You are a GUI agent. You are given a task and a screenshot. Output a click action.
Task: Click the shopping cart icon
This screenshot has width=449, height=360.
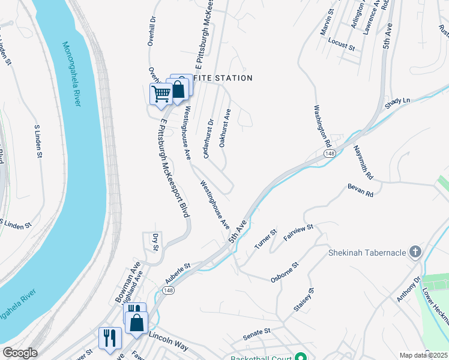click(160, 94)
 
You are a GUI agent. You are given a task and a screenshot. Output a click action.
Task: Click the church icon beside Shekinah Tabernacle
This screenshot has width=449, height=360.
click(415, 252)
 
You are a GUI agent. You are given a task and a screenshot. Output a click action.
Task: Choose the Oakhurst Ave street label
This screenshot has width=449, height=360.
click(224, 128)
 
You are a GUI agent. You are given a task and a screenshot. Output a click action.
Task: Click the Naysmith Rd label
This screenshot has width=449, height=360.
click(363, 162)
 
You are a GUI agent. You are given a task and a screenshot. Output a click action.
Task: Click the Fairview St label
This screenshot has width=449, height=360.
click(298, 231)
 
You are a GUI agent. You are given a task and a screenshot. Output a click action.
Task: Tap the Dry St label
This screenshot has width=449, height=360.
click(154, 242)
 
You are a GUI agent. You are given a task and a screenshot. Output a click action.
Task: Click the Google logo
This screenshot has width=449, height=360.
click(20, 353)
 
